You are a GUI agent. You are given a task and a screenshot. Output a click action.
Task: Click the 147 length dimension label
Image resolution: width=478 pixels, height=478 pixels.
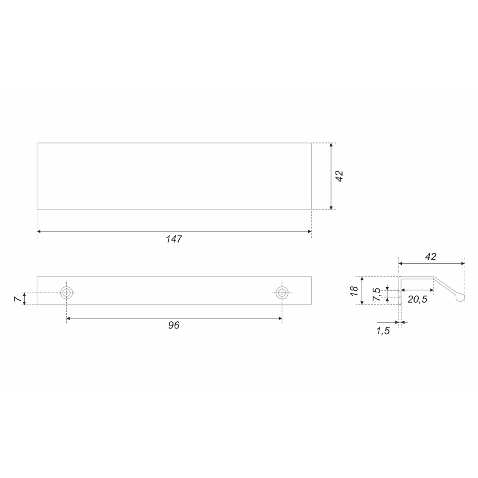tap(174, 239)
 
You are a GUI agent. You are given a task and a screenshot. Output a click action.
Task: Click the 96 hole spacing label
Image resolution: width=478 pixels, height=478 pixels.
tap(174, 325)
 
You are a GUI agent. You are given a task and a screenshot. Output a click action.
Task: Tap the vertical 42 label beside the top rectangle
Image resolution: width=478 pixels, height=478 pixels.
tap(339, 176)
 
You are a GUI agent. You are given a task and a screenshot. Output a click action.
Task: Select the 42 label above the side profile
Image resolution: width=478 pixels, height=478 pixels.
tap(431, 257)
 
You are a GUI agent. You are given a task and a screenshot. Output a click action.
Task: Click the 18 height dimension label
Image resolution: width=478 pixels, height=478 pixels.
tap(354, 291)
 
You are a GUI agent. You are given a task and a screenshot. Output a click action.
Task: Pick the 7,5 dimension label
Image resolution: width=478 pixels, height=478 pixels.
tap(377, 294)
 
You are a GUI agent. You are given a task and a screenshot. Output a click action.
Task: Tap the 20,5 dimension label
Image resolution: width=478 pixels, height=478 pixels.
tap(417, 299)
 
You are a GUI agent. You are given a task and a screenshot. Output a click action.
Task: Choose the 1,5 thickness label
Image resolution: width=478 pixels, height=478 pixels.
tap(383, 331)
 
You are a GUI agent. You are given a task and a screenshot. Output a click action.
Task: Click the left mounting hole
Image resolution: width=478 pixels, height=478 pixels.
tap(66, 293)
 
